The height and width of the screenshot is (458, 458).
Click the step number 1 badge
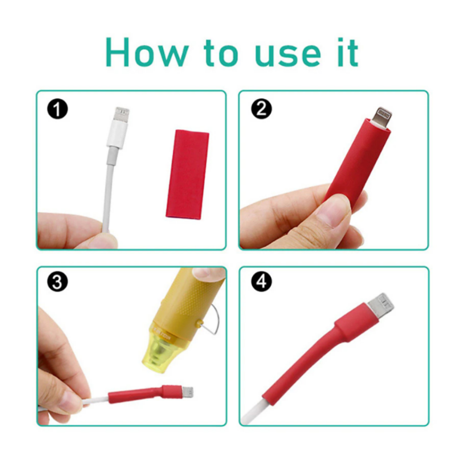coord(57,109)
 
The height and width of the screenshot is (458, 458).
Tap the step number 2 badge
coord(261,109)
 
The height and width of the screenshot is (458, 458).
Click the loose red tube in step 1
coord(187,174)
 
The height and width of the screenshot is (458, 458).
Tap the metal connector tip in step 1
coord(122,114)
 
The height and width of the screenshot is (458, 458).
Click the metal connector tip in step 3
coord(188,392)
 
